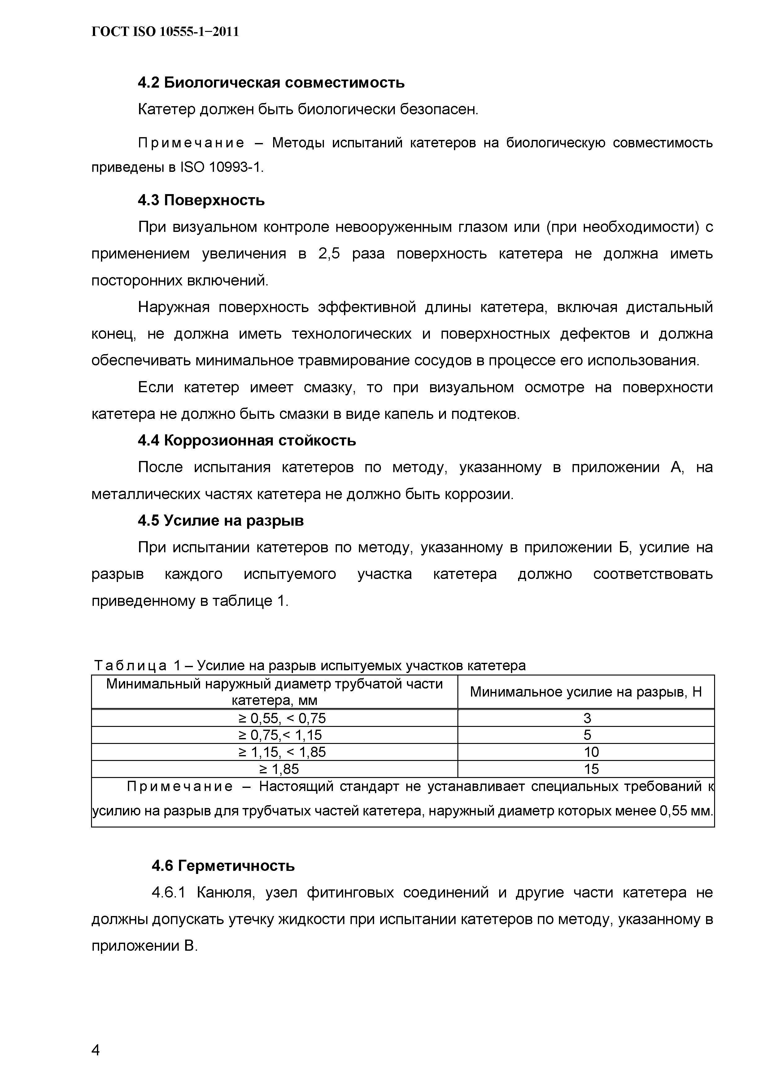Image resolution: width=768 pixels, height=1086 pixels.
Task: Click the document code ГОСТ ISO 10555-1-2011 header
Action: [165, 32]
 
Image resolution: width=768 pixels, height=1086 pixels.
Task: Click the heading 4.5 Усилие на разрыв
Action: [220, 520]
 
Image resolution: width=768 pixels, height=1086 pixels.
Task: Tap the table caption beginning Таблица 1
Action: [309, 666]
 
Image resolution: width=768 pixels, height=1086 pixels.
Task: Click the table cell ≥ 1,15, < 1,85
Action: [282, 752]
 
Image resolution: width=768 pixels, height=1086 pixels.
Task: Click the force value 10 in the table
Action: [591, 752]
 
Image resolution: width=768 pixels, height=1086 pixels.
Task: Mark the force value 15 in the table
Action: [591, 769]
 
